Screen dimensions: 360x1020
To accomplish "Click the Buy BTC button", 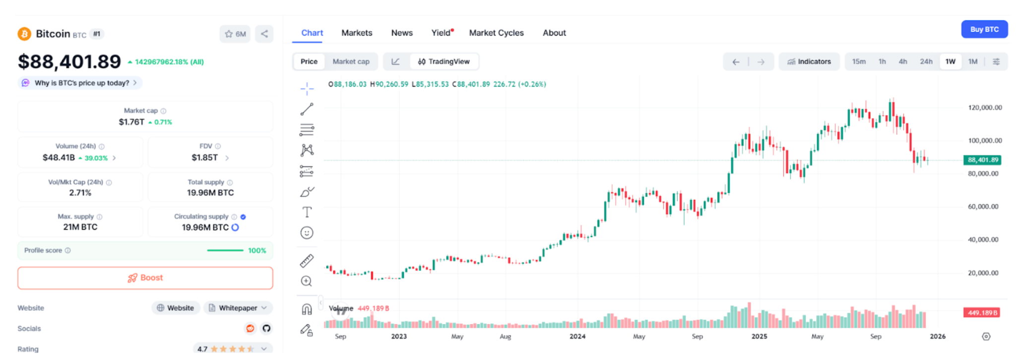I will tap(984, 29).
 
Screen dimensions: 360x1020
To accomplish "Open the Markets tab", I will tap(357, 33).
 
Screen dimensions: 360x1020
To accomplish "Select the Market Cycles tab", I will tap(496, 33).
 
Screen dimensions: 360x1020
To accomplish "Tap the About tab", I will tap(554, 33).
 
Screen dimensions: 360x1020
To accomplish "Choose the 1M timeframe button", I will tap(973, 61).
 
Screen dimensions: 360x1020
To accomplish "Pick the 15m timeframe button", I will tap(859, 61).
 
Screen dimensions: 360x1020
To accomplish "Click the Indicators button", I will tap(809, 61).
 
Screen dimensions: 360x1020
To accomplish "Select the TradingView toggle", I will tap(444, 61).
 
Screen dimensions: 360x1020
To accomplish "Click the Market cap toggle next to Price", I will tap(351, 61).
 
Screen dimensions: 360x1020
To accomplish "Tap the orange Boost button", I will tap(145, 278).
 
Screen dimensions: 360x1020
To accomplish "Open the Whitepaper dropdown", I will tap(238, 308).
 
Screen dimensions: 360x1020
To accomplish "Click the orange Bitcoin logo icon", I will tap(24, 34).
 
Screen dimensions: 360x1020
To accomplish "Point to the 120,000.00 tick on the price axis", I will tap(985, 108).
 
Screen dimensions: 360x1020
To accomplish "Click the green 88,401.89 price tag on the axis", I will tap(982, 160).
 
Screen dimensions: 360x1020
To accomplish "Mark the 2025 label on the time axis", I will tap(759, 336).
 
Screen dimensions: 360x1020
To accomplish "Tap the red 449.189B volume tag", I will tap(982, 313).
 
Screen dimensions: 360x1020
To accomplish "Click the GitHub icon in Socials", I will tap(266, 328).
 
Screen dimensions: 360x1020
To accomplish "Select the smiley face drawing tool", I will tap(307, 233).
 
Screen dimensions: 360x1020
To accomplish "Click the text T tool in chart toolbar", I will tap(307, 212).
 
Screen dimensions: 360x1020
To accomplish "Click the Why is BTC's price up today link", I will tap(82, 83).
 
